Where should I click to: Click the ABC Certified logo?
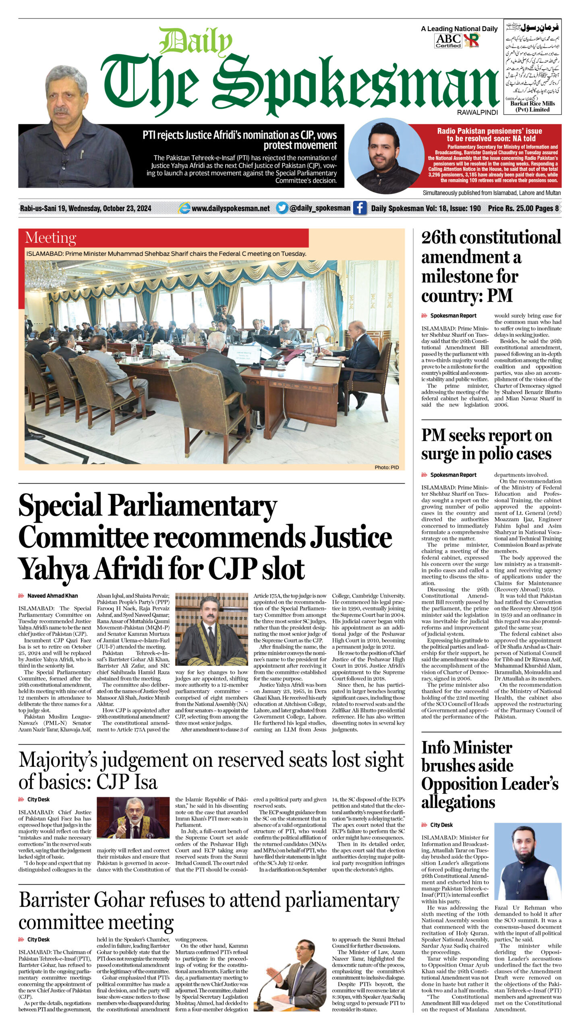tap(448, 41)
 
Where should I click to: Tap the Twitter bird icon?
tap(282, 208)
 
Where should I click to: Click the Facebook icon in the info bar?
tap(360, 208)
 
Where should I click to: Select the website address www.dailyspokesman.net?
tap(230, 208)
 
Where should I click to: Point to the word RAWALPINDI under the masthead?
tap(477, 112)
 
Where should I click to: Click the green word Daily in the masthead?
tap(195, 41)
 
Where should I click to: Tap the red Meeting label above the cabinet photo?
tap(50, 238)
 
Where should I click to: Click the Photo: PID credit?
tap(386, 467)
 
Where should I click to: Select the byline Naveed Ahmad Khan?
tap(52, 596)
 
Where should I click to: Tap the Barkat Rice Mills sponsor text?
tap(532, 106)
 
